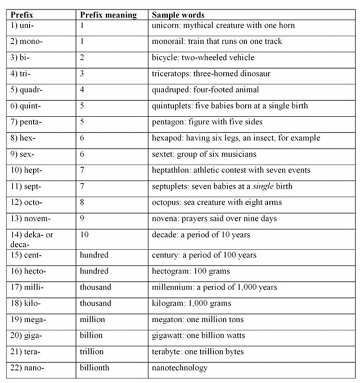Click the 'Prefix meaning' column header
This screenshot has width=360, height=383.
(x=109, y=15)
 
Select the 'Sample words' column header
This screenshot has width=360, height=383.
(x=178, y=15)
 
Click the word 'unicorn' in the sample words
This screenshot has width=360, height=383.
(x=165, y=25)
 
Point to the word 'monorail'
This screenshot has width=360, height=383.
(x=168, y=42)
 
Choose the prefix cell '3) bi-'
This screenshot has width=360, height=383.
(x=20, y=57)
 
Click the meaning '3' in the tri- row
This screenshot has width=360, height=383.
(x=82, y=74)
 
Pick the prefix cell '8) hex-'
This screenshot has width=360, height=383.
(x=22, y=138)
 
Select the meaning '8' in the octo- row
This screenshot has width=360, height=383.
(x=82, y=202)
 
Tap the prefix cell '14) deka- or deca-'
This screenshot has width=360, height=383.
(x=31, y=238)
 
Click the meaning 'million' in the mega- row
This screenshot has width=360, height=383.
(x=92, y=319)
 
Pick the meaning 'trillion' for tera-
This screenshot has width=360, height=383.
(x=92, y=352)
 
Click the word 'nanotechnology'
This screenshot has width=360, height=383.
(x=179, y=368)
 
